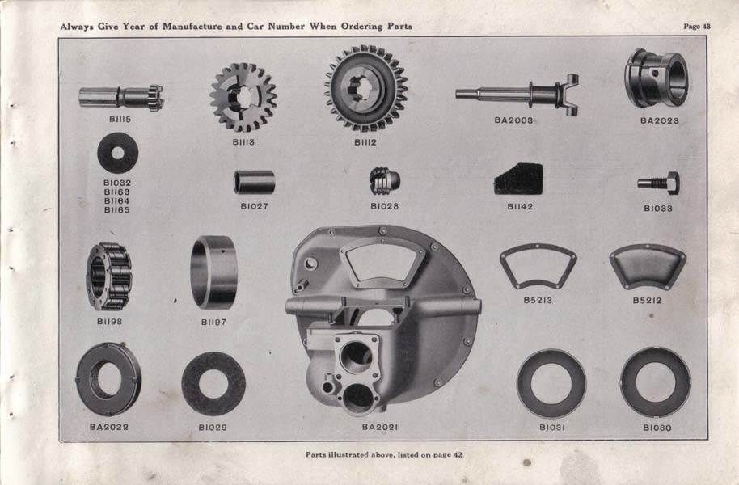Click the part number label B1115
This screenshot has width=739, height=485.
tap(120, 120)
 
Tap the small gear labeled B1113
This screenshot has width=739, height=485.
tap(243, 98)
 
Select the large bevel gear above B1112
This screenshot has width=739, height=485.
tap(366, 88)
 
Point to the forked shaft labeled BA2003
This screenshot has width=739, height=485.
tap(517, 95)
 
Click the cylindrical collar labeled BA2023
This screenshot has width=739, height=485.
tap(656, 78)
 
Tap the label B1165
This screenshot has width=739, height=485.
tap(117, 209)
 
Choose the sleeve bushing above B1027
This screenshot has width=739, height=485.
tap(255, 182)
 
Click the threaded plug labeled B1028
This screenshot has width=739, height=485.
tap(384, 180)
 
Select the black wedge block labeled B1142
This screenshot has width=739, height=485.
tap(518, 179)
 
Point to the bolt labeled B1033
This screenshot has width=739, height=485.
tap(658, 183)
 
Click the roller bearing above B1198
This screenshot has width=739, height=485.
tap(109, 276)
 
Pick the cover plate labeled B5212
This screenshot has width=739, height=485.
tap(648, 266)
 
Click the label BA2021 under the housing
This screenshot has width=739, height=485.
tap(380, 427)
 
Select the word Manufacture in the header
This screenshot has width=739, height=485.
tap(192, 27)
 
